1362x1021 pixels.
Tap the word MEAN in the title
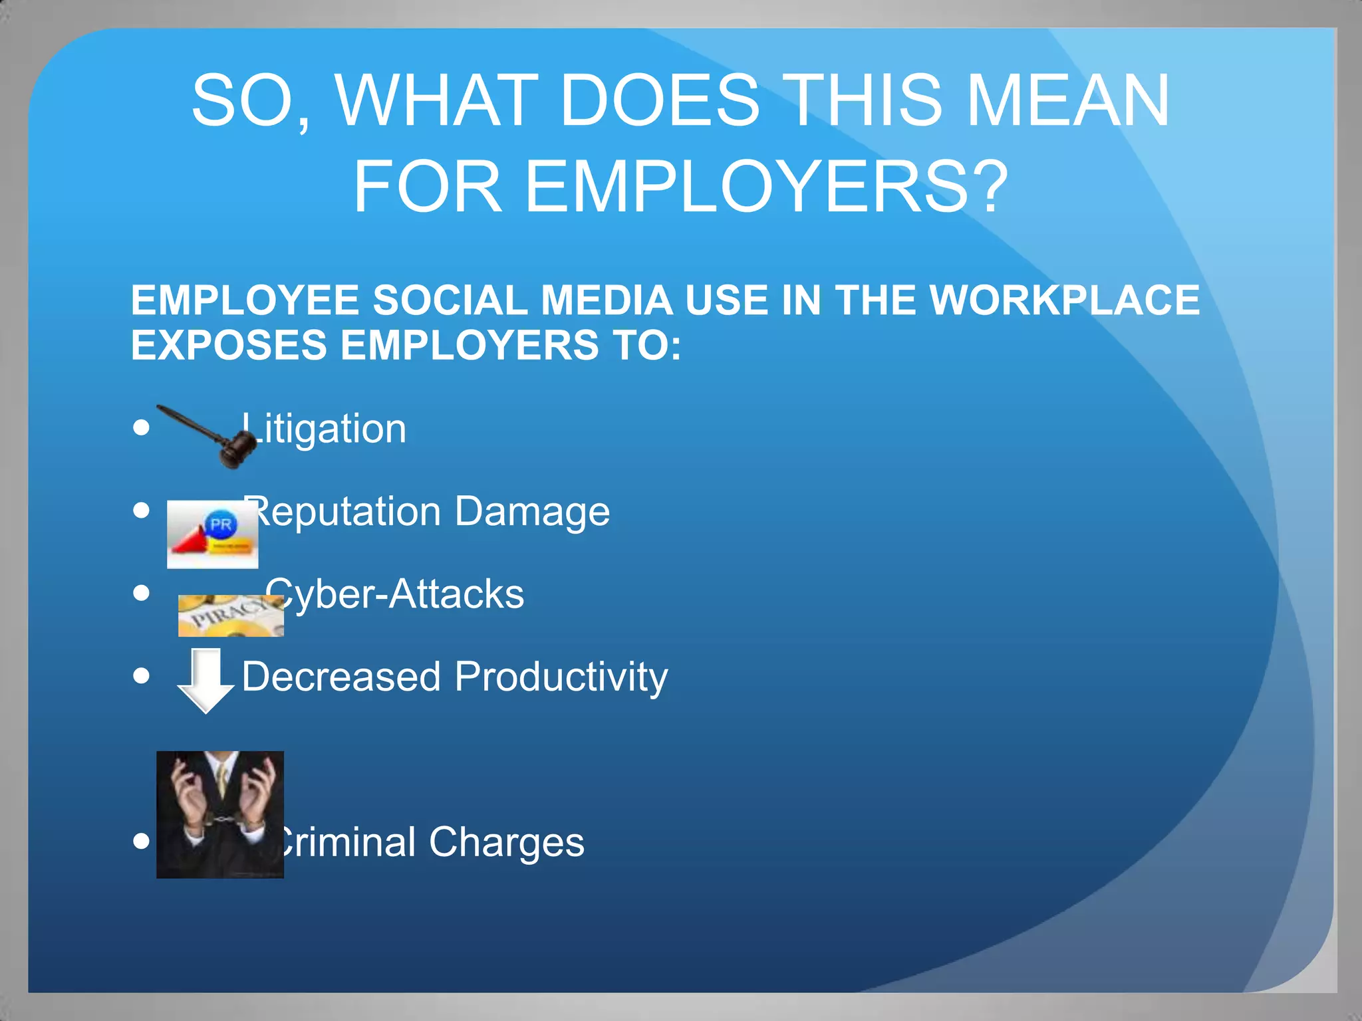coord(1067,100)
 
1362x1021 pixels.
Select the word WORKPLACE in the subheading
coord(1064,300)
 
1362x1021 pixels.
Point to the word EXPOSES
coord(229,346)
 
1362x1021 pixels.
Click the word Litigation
coord(326,429)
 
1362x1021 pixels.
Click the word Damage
coord(532,512)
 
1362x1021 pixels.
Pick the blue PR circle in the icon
coord(220,524)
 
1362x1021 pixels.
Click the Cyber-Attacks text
coord(395,594)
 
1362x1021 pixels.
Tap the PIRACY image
coord(230,616)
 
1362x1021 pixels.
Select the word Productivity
coord(561,677)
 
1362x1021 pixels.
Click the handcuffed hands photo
coord(219,814)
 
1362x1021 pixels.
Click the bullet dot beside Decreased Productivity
coord(141,675)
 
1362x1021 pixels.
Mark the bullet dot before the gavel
coord(141,427)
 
